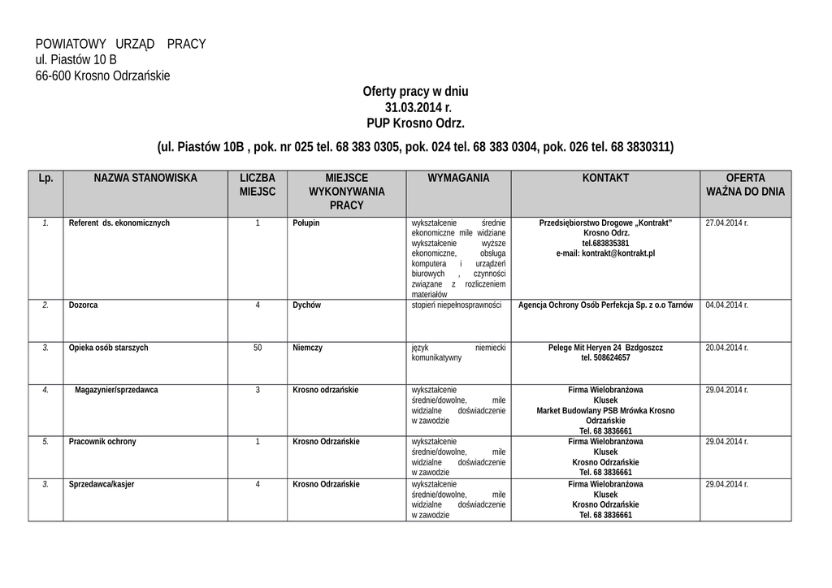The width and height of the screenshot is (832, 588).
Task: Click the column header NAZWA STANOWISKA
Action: [145, 178]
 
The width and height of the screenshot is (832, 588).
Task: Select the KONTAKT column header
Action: [605, 178]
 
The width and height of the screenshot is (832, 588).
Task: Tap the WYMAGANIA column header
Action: [458, 178]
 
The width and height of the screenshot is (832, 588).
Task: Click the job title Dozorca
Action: [84, 305]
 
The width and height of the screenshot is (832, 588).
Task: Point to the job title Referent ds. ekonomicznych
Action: [119, 223]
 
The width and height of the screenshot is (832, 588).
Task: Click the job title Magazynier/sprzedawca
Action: [116, 390]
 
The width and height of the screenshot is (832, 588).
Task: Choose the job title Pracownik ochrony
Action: [102, 442]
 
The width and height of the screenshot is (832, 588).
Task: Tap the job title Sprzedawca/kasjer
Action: [102, 484]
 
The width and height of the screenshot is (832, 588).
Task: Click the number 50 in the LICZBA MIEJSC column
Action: [258, 348]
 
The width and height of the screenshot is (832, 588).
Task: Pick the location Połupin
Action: [306, 223]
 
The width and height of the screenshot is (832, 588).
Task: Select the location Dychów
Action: [307, 305]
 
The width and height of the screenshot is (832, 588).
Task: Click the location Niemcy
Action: [307, 348]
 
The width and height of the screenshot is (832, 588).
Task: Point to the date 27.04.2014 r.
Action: [726, 223]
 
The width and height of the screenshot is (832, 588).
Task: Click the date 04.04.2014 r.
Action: [726, 305]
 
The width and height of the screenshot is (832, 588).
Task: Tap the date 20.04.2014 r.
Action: [726, 348]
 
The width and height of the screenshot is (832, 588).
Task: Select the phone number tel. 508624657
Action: [605, 357]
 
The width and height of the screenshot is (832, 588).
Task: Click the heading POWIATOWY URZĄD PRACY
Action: [120, 44]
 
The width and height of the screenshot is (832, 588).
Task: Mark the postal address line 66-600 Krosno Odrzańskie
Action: [102, 76]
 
